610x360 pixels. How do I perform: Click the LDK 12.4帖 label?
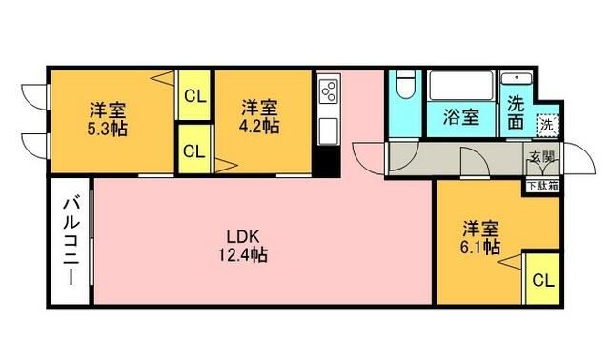(x=245, y=246)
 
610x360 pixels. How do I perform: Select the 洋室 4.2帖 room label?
(x=258, y=116)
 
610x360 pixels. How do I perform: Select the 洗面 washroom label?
(x=516, y=112)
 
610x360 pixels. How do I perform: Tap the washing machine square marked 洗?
(x=546, y=124)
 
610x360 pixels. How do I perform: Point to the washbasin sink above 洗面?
(x=516, y=79)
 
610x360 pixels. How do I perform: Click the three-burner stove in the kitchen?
(x=328, y=91)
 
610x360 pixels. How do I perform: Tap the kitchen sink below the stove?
(x=328, y=128)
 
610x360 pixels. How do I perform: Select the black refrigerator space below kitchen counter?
(x=328, y=161)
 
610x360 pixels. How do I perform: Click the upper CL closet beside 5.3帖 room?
(x=193, y=95)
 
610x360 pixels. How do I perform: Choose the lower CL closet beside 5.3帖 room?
(x=193, y=150)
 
